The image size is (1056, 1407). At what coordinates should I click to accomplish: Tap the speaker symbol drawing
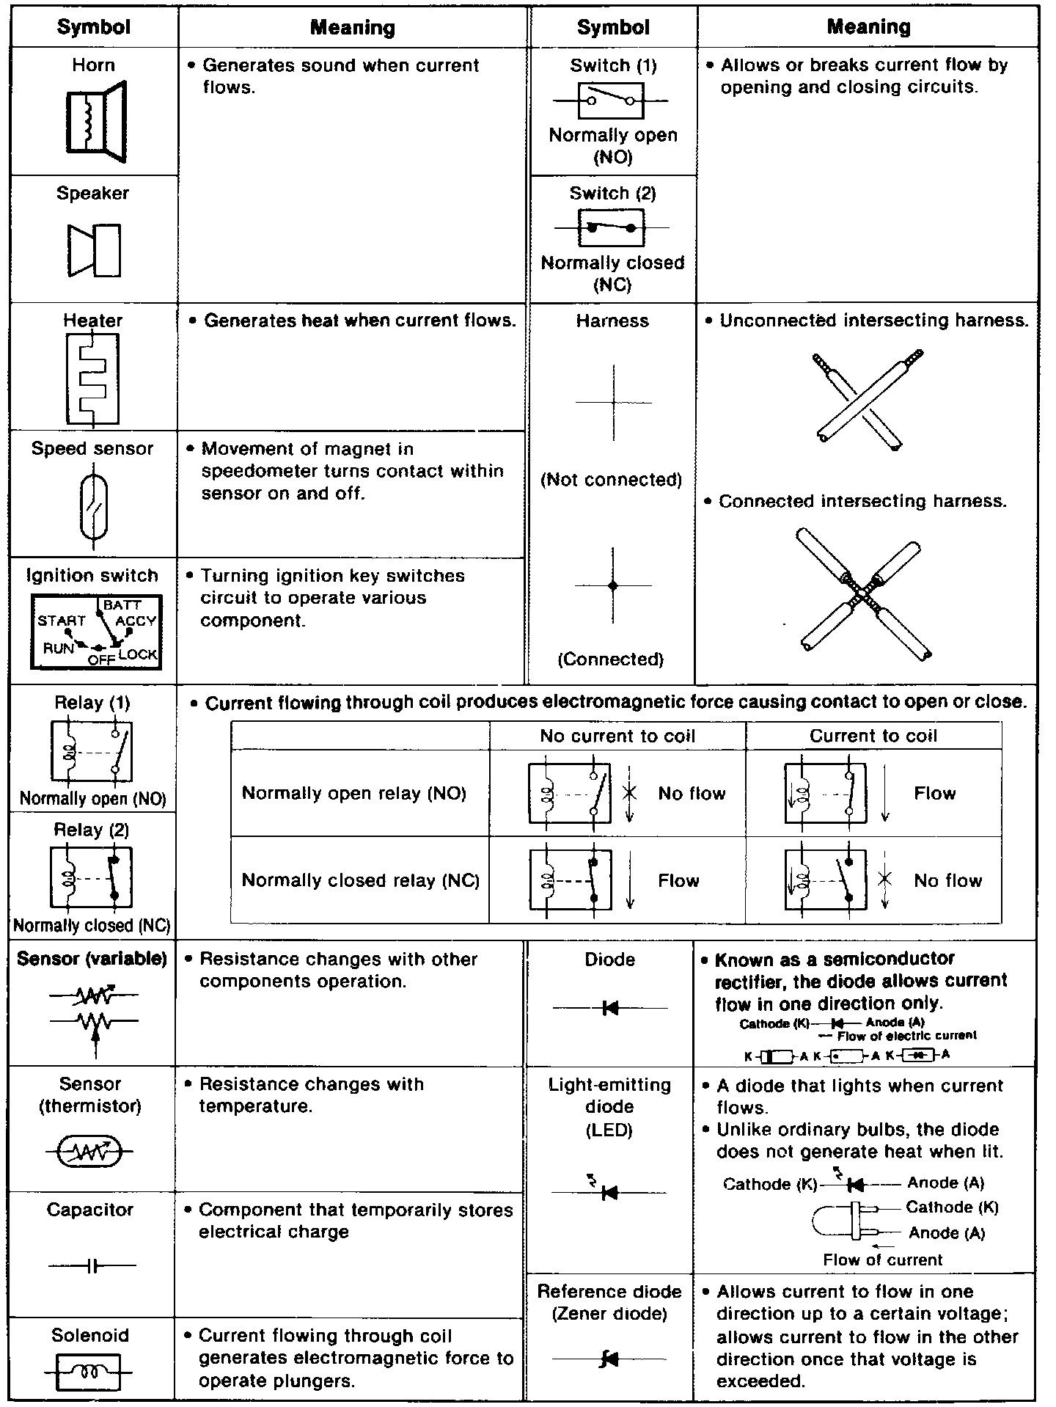click(x=94, y=250)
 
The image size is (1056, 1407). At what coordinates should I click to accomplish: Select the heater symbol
click(x=92, y=379)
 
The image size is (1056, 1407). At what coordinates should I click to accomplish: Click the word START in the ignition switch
click(x=62, y=621)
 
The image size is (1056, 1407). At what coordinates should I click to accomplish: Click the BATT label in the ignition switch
click(x=122, y=605)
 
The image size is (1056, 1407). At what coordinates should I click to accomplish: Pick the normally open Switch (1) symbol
click(x=611, y=100)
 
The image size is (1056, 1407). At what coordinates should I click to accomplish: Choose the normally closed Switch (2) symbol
click(x=611, y=228)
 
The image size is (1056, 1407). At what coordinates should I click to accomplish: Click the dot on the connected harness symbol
click(x=613, y=585)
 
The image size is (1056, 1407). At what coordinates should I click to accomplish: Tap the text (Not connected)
click(x=611, y=480)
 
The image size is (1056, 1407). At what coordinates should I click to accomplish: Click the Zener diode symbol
click(x=609, y=1359)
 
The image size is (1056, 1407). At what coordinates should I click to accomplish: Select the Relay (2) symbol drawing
click(x=92, y=877)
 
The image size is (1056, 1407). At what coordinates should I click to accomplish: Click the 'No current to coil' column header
click(x=617, y=736)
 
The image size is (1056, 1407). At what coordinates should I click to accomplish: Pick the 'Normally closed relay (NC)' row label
click(x=361, y=880)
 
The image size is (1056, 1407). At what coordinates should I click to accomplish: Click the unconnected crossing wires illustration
click(x=868, y=399)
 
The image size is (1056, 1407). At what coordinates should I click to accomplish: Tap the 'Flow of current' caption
click(x=882, y=1260)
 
